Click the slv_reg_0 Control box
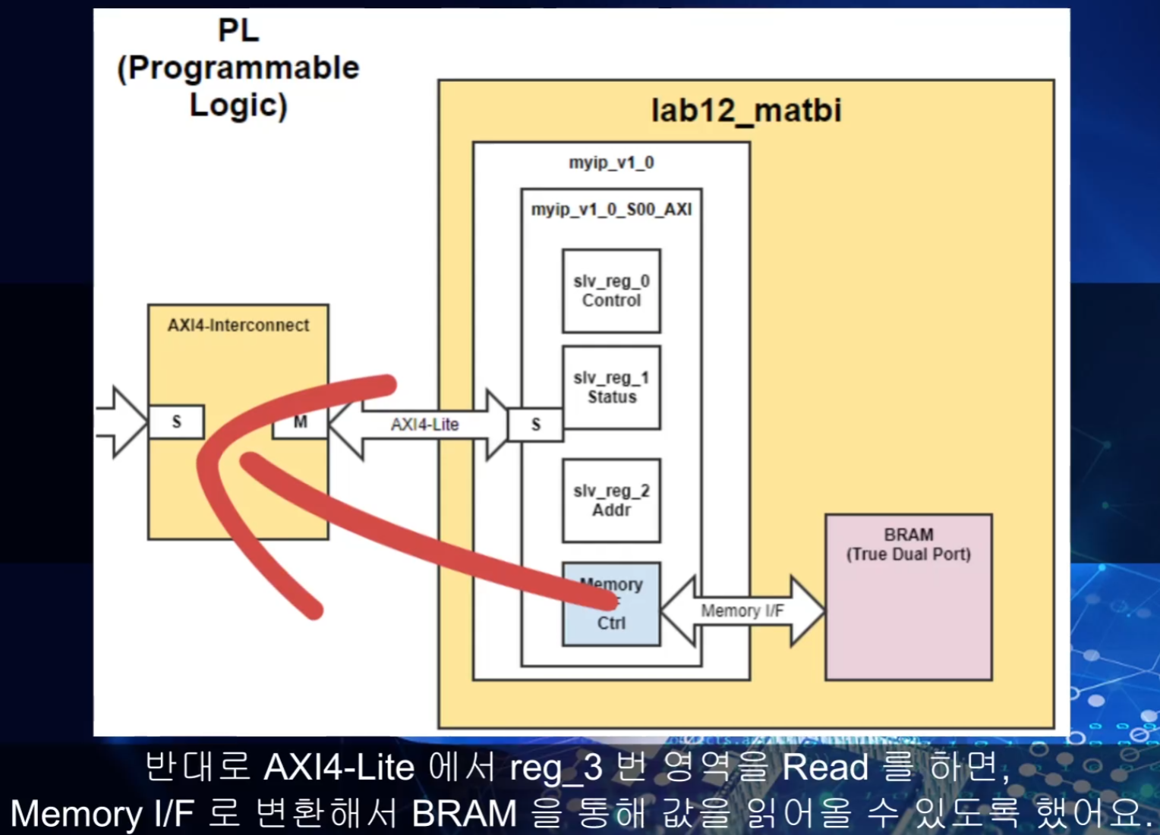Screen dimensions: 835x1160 tap(611, 291)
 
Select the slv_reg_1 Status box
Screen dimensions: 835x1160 tap(611, 388)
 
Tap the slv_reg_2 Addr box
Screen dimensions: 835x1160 tap(611, 501)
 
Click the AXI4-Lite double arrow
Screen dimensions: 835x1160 tap(424, 425)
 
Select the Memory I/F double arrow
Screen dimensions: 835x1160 tap(742, 611)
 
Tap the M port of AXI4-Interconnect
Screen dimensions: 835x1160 tap(300, 422)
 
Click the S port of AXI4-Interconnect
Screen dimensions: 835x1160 tap(176, 422)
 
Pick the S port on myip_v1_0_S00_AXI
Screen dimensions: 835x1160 tap(536, 425)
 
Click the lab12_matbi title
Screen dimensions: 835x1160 tap(745, 111)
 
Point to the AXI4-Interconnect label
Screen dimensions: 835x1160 tap(238, 325)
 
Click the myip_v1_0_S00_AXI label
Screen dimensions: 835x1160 tap(611, 209)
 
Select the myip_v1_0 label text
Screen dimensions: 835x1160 tap(611, 162)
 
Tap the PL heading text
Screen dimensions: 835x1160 tap(238, 30)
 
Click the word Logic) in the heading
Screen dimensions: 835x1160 tap(238, 105)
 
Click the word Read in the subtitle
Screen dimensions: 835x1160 tap(824, 768)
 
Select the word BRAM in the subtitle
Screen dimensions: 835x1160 tap(464, 814)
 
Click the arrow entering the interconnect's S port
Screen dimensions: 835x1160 tap(121, 422)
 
